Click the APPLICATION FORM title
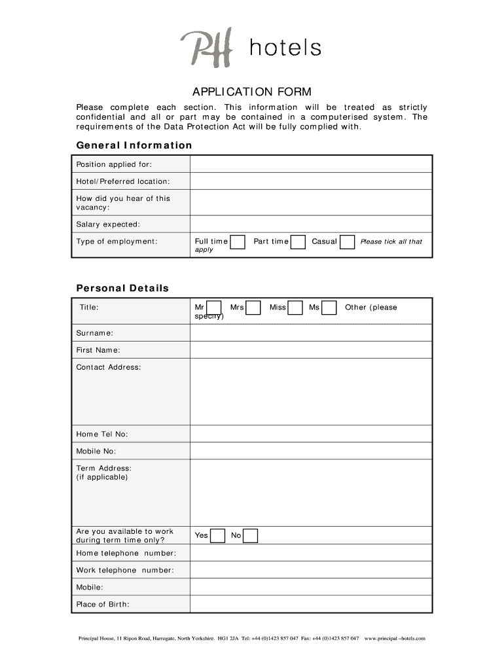(x=252, y=92)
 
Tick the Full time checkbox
(x=238, y=242)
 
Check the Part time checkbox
(x=298, y=242)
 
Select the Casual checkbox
(x=348, y=242)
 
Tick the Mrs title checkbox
(x=253, y=308)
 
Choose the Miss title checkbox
(x=295, y=308)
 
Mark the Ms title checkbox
(x=329, y=308)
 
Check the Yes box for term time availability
(x=219, y=536)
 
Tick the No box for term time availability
(x=251, y=536)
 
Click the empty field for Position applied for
(x=311, y=164)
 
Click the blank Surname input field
(x=311, y=333)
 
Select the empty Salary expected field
(x=311, y=224)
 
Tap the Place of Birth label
(x=103, y=604)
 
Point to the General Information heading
(x=134, y=145)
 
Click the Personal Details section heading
(x=122, y=288)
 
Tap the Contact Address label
(x=109, y=367)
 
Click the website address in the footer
(x=395, y=638)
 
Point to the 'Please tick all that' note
(x=391, y=241)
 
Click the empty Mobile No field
(x=311, y=451)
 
